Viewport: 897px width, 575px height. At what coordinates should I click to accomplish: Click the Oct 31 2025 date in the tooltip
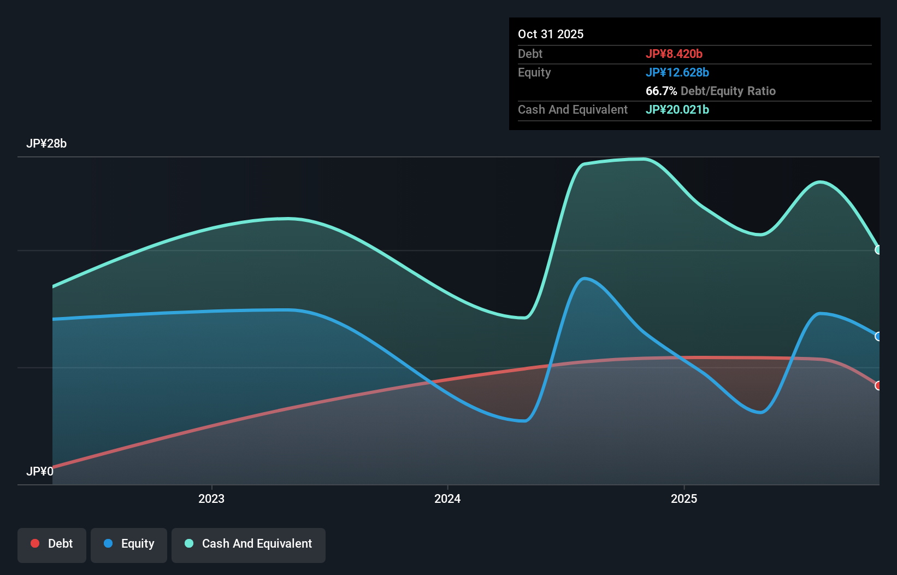click(550, 34)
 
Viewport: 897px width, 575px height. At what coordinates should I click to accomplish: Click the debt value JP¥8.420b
click(674, 54)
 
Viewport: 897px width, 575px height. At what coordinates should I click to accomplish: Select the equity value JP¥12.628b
click(677, 72)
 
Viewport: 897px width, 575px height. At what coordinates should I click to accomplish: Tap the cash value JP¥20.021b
click(677, 109)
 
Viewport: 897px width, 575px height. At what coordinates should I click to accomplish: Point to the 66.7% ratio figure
click(661, 91)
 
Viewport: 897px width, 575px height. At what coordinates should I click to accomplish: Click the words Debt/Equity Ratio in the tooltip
click(728, 91)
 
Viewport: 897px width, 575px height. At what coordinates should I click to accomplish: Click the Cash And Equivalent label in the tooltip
click(573, 109)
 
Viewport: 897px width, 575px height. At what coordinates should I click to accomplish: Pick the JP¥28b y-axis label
click(46, 143)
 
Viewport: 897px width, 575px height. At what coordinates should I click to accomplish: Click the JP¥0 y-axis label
click(39, 471)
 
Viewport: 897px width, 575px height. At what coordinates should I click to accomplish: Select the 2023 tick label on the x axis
click(211, 498)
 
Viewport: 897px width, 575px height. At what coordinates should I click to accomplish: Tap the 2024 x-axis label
click(447, 498)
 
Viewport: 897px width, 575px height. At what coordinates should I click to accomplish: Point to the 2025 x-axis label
click(683, 498)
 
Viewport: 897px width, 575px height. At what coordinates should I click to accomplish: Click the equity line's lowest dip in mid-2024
click(524, 421)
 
